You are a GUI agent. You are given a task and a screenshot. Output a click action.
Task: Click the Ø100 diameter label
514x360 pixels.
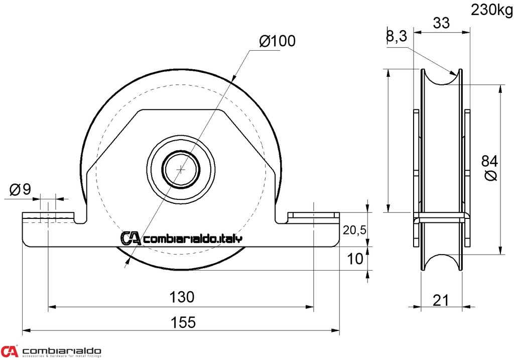click(277, 41)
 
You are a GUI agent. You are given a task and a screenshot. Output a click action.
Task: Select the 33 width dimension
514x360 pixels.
click(441, 23)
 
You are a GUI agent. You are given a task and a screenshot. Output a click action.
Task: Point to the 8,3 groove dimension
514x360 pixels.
click(397, 37)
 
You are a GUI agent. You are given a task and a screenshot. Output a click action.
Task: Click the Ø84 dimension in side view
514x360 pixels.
click(489, 168)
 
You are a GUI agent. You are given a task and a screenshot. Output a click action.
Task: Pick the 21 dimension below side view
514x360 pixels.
click(440, 300)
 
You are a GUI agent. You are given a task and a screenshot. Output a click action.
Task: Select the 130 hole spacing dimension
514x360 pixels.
click(181, 297)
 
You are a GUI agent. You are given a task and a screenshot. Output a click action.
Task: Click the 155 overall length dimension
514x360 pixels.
click(181, 322)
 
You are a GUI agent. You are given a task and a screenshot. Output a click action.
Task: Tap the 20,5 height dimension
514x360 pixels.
click(354, 230)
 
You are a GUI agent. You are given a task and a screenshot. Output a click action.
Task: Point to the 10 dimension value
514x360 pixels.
click(355, 259)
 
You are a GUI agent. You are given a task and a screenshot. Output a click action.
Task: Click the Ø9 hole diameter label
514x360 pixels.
click(20, 189)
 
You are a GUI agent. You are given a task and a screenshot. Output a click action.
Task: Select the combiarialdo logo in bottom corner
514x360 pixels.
click(51, 351)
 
